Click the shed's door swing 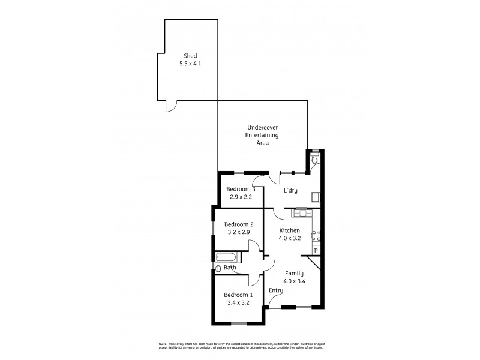pos(172,106)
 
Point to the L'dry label pos(290,191)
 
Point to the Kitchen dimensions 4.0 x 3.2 pos(289,238)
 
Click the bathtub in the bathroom pos(228,258)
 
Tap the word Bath pos(230,268)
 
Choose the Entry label pos(276,291)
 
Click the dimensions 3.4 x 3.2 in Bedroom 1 pos(238,303)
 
